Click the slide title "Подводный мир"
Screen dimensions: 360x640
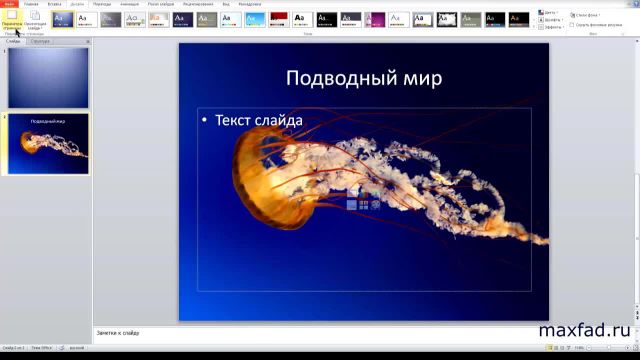[x=363, y=78]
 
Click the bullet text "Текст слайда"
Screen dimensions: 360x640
[x=259, y=120]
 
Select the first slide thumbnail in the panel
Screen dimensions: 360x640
[x=48, y=77]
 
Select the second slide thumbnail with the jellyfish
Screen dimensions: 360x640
[x=48, y=143]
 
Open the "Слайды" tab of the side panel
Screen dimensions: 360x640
[x=13, y=42]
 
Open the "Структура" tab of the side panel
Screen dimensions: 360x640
[x=40, y=42]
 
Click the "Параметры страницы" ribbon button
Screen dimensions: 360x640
[x=13, y=19]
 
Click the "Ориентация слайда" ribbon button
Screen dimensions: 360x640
[x=35, y=19]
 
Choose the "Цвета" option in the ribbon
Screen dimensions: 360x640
[x=549, y=13]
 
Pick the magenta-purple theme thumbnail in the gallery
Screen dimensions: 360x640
[x=375, y=19]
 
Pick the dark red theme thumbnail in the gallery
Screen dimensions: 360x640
[x=279, y=19]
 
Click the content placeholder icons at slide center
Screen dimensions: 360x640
[x=357, y=198]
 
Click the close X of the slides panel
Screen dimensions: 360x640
[x=87, y=42]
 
